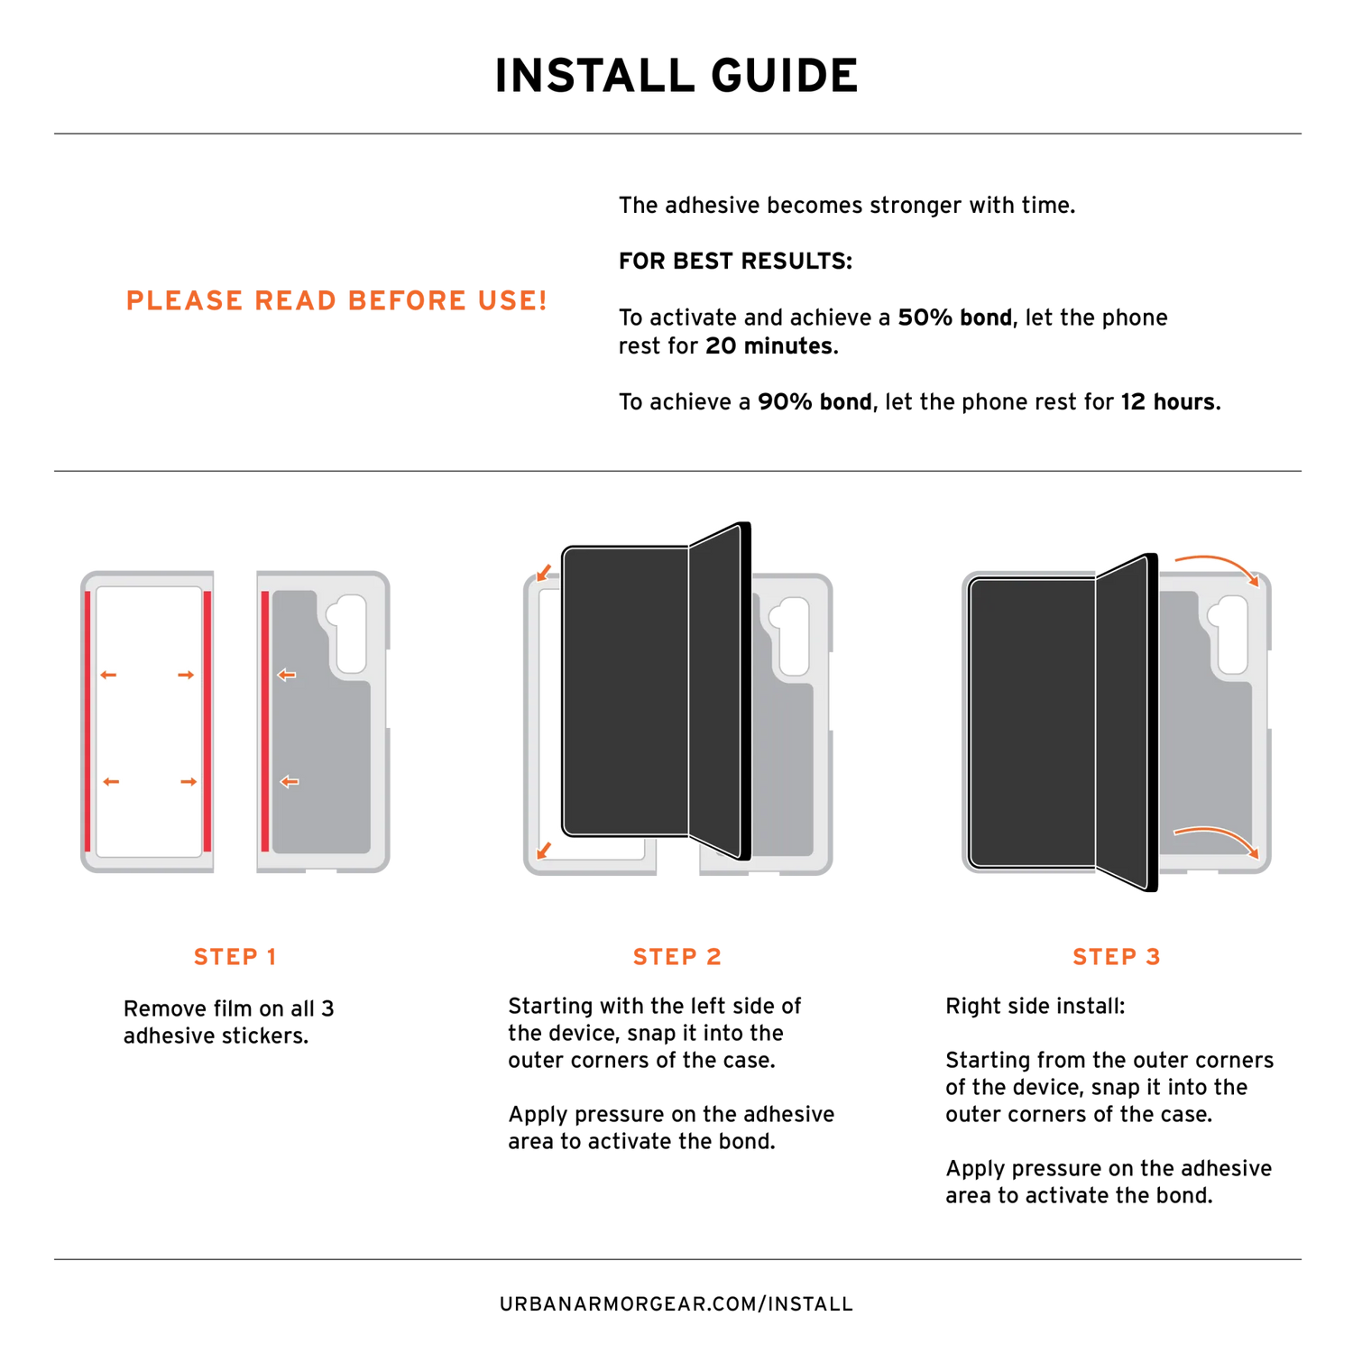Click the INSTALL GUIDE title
(676, 76)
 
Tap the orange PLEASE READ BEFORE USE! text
(336, 300)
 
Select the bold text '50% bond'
(954, 318)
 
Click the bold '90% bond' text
(815, 402)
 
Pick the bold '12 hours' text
(1170, 402)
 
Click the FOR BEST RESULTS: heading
(735, 262)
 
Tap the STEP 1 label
(235, 957)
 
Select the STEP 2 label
(677, 957)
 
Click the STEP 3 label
(1117, 957)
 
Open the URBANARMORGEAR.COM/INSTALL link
(676, 1304)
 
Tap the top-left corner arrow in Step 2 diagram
(544, 573)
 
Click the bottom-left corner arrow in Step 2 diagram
(544, 851)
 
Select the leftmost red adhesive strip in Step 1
(87, 722)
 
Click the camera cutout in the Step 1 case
(347, 631)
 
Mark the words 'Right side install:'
(1035, 1007)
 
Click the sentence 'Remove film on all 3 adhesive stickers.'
(229, 1023)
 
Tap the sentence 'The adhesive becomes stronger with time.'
(847, 206)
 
